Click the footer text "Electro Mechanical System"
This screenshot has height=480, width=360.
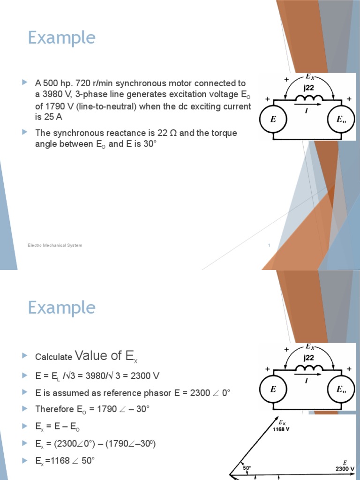click(x=55, y=246)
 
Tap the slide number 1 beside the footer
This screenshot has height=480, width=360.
click(x=269, y=246)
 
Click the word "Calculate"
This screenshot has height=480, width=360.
click(x=53, y=357)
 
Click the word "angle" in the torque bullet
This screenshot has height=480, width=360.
click(x=46, y=144)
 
